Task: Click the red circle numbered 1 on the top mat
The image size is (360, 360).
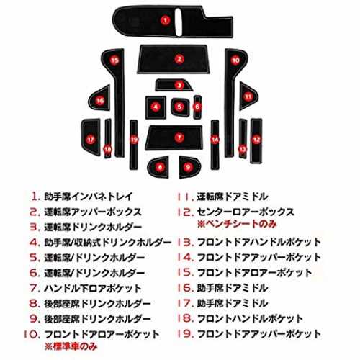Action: point(165,20)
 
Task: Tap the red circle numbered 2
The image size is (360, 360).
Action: point(179,59)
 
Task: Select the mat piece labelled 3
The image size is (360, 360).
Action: point(174,85)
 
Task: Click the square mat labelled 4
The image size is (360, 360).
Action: point(156,107)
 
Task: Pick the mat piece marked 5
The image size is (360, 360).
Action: point(180,107)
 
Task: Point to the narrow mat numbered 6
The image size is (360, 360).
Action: point(197,107)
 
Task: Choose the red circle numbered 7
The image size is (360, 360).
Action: point(179,138)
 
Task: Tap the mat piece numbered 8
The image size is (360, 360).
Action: point(158,167)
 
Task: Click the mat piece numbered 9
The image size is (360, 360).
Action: point(189,167)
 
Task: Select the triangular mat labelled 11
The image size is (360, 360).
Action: point(248,96)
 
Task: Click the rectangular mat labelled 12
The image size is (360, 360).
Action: point(256,141)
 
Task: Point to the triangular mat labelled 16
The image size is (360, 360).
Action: point(100,99)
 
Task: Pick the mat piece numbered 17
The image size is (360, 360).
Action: point(91,138)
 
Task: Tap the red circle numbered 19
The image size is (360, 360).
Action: point(134,140)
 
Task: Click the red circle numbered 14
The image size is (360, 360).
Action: point(215,140)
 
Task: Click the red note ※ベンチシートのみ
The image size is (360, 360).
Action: point(237,224)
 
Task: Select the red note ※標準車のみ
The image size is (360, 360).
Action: point(71,346)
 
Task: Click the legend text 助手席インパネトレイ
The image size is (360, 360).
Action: point(89,197)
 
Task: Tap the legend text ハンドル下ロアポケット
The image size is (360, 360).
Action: point(93,288)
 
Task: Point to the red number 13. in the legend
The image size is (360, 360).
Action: point(185,243)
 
